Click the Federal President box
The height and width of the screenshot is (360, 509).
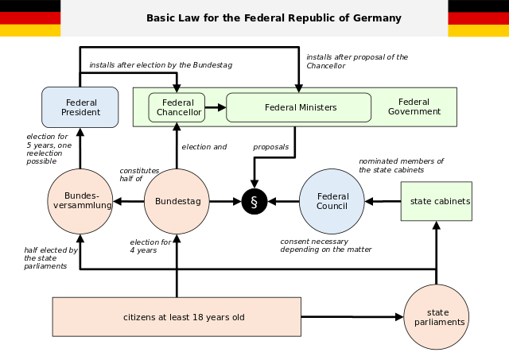(x=80, y=107)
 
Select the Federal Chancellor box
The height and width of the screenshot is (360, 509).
(x=177, y=108)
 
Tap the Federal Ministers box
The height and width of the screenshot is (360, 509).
(x=299, y=107)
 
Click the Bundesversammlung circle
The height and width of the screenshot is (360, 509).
(x=80, y=201)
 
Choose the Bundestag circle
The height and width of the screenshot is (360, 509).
(x=177, y=201)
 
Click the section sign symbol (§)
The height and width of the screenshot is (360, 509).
(x=254, y=202)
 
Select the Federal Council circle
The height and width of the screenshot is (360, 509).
(x=332, y=201)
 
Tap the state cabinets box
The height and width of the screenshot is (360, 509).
(x=437, y=201)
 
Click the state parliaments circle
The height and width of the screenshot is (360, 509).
(x=437, y=317)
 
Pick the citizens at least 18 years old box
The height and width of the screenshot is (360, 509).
(x=177, y=317)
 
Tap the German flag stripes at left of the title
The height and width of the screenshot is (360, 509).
(x=29, y=24)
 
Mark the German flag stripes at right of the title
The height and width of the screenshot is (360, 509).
(x=478, y=24)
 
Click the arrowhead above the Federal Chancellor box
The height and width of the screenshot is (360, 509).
(x=177, y=91)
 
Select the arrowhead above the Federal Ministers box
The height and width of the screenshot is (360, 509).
(x=299, y=91)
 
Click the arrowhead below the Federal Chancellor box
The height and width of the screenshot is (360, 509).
(x=177, y=125)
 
